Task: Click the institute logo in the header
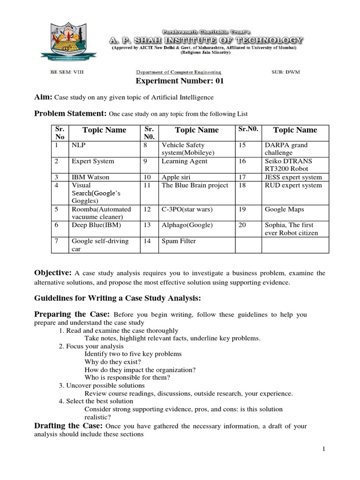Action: (x=66, y=39)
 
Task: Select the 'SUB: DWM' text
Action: (x=286, y=72)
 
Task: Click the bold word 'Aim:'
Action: (x=44, y=97)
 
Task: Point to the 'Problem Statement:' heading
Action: (x=70, y=113)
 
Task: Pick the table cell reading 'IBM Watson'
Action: (x=90, y=177)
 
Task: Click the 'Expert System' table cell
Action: (x=93, y=161)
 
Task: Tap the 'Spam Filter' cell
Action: (x=179, y=241)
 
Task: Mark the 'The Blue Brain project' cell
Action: (x=195, y=185)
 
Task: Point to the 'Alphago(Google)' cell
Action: (x=187, y=225)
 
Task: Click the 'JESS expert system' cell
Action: (x=293, y=177)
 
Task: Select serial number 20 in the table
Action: (x=242, y=225)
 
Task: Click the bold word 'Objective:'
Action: (x=52, y=273)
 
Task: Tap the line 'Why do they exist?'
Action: (x=112, y=362)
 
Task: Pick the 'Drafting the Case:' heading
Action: (x=69, y=426)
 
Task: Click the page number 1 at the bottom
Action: (x=323, y=450)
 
